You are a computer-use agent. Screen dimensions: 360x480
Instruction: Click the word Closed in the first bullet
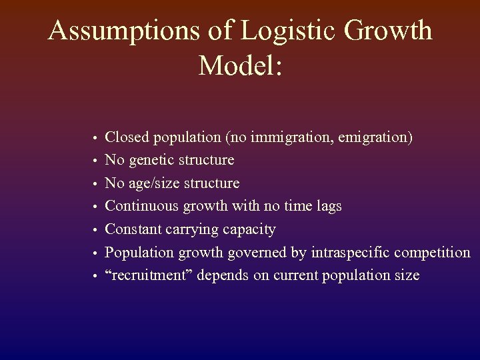click(128, 137)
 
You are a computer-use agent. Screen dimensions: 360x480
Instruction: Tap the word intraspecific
click(351, 253)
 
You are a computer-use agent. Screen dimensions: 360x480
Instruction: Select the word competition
click(432, 253)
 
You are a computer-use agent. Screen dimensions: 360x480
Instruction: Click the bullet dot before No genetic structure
click(95, 161)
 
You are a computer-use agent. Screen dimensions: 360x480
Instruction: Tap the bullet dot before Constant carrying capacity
click(95, 231)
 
